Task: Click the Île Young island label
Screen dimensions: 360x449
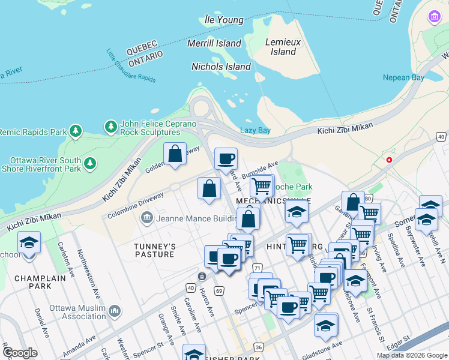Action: coord(223,20)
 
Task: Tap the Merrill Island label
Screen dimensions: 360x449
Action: coord(214,43)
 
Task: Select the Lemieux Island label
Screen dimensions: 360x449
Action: coord(283,47)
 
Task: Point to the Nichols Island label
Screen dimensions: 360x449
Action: coord(221,67)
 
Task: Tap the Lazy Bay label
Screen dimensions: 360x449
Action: coord(255,130)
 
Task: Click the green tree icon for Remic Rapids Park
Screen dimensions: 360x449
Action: coord(75,131)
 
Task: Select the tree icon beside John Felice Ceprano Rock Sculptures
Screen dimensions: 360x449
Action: coord(110,127)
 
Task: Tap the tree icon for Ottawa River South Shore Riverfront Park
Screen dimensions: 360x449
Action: coord(90,163)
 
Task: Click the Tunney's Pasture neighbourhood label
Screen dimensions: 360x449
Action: coord(154,250)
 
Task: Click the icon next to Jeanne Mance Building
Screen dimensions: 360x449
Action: coord(146,218)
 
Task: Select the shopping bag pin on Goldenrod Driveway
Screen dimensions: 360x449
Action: coord(175,154)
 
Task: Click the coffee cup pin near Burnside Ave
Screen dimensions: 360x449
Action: coord(226,159)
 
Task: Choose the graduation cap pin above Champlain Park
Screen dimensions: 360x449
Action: coord(29,243)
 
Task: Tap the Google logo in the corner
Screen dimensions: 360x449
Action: coord(20,352)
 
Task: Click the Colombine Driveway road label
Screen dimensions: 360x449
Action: coord(136,205)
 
